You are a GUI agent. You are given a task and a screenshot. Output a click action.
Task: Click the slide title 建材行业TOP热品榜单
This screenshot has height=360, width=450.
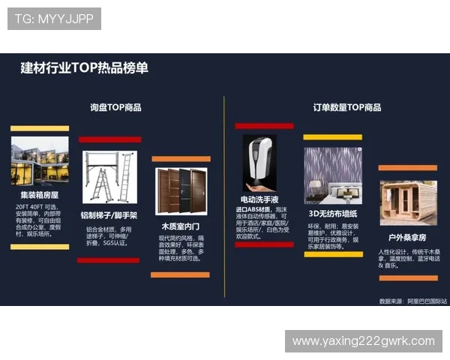tap(84, 68)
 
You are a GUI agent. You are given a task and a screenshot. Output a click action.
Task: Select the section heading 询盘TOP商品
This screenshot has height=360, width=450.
tap(115, 107)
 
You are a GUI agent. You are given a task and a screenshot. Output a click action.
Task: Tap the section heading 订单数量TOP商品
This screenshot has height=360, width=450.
tap(347, 107)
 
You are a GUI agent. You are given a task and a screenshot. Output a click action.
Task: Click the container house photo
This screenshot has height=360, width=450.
tap(40, 161)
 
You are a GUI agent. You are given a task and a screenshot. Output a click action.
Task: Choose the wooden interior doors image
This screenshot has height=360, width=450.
tap(180, 193)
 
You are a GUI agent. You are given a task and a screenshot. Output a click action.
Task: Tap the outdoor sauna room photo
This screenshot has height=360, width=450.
tap(407, 201)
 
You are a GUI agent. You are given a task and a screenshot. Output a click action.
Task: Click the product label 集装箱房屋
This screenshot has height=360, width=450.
tap(40, 193)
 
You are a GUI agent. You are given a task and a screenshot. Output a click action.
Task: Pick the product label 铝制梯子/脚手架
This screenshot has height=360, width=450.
tap(109, 215)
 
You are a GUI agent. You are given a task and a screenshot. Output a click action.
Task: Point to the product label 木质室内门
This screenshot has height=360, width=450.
tap(180, 226)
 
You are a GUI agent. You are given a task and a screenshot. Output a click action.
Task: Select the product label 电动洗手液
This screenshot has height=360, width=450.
tap(259, 199)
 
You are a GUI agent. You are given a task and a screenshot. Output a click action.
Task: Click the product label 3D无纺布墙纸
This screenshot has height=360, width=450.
tap(333, 213)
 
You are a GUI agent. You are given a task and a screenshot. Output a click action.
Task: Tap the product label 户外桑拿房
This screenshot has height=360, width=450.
tap(407, 237)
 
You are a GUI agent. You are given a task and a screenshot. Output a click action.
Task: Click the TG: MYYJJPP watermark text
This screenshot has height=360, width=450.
tap(54, 19)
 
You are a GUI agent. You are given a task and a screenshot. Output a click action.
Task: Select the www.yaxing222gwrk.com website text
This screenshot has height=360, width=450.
tap(363, 341)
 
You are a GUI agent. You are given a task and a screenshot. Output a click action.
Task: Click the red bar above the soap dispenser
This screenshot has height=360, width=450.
tap(263, 126)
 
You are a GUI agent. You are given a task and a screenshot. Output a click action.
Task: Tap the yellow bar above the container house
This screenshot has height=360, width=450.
tap(40, 128)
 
